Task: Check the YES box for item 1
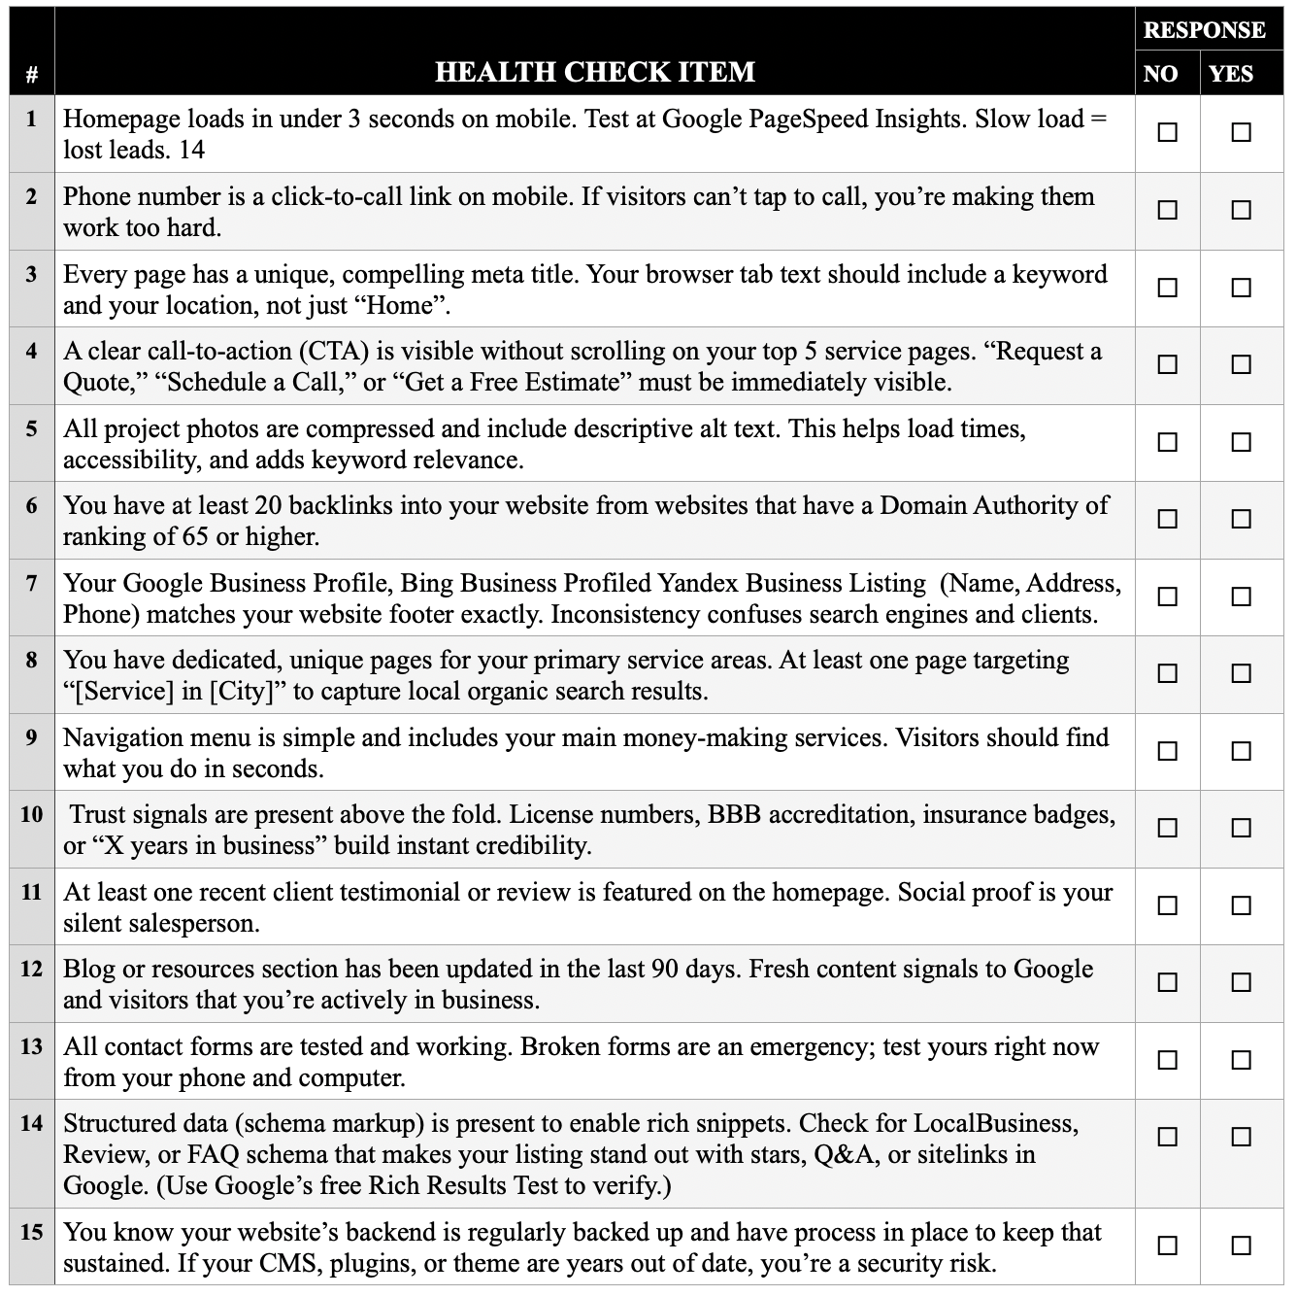pos(1241,132)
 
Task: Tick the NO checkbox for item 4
pos(1168,364)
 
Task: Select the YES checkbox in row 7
pos(1241,597)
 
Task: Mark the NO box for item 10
pos(1168,828)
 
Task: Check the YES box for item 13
pos(1241,1060)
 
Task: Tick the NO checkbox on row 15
pos(1168,1245)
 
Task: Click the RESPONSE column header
pos(1204,30)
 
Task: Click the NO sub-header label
pos(1161,74)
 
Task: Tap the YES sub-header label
pos(1231,74)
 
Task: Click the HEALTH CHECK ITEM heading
pos(594,72)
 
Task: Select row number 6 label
pos(32,505)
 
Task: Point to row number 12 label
pos(32,969)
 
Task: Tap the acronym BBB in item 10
pos(734,814)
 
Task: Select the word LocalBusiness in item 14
pos(995,1123)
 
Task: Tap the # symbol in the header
pos(32,74)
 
